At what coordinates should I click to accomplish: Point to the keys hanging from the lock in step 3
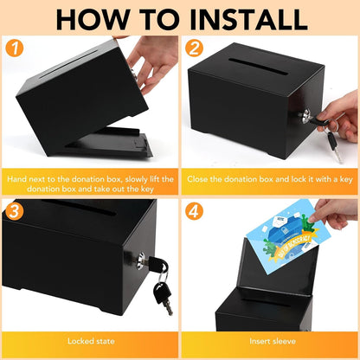tap(161, 290)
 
